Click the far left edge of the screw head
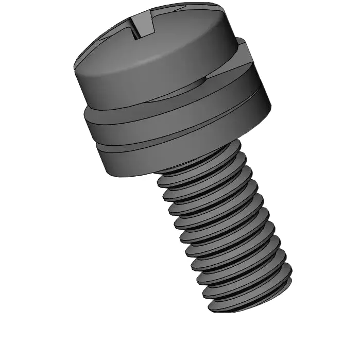tap(75, 72)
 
